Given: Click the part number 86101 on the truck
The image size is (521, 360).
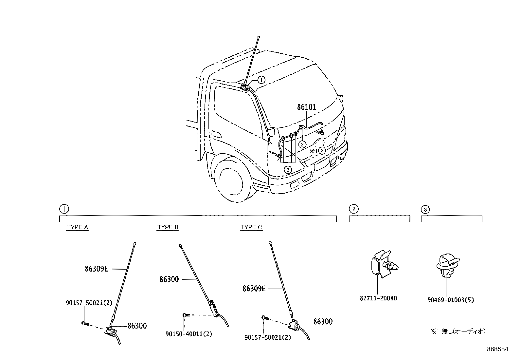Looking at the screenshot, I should (307, 107).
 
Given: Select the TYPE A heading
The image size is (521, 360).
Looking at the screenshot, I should (78, 227).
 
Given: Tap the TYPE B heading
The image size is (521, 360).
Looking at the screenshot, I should (168, 227).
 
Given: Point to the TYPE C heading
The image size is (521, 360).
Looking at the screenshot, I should (251, 227).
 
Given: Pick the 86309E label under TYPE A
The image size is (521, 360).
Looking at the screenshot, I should (96, 269).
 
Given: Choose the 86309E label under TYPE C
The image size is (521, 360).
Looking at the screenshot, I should (254, 289).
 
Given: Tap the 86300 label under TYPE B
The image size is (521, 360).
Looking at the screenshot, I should (169, 279).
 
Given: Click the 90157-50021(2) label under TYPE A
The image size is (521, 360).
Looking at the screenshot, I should (87, 304).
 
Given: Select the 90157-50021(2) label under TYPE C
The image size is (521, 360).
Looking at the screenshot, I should (268, 337).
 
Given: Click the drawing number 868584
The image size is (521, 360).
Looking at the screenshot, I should (497, 349).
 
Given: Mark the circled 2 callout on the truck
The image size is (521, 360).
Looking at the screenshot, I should (303, 144).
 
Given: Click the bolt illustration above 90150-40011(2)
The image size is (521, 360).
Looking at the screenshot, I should (186, 315).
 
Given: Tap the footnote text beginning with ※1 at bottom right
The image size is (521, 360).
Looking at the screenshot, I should (457, 331).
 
